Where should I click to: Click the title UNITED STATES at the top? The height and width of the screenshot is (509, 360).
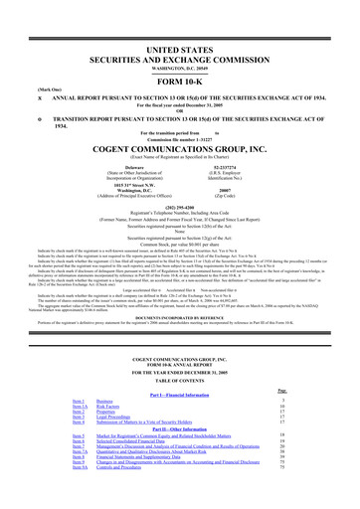180,21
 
